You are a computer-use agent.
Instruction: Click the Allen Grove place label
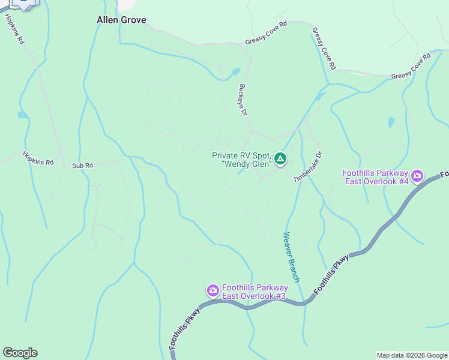pos(121,20)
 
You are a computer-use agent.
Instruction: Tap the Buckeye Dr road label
pos(243,100)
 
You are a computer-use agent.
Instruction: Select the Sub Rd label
pos(83,166)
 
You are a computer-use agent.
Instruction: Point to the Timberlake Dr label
pos(307,167)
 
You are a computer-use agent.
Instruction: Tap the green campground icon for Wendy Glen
pos(280,159)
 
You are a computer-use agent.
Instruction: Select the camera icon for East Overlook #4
pos(417,177)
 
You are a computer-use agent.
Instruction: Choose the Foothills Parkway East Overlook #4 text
pos(375,177)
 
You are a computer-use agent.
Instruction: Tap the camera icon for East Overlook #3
pos(212,291)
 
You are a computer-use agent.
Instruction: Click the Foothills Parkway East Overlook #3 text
pos(255,292)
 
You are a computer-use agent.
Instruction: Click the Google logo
pos(20,353)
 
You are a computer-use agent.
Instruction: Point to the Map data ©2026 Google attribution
pos(411,355)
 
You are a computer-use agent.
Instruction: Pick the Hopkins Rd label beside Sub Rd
pos(38,158)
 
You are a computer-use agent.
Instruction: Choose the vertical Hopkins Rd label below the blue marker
pos(14,28)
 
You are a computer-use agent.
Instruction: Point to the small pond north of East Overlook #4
pos(391,123)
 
